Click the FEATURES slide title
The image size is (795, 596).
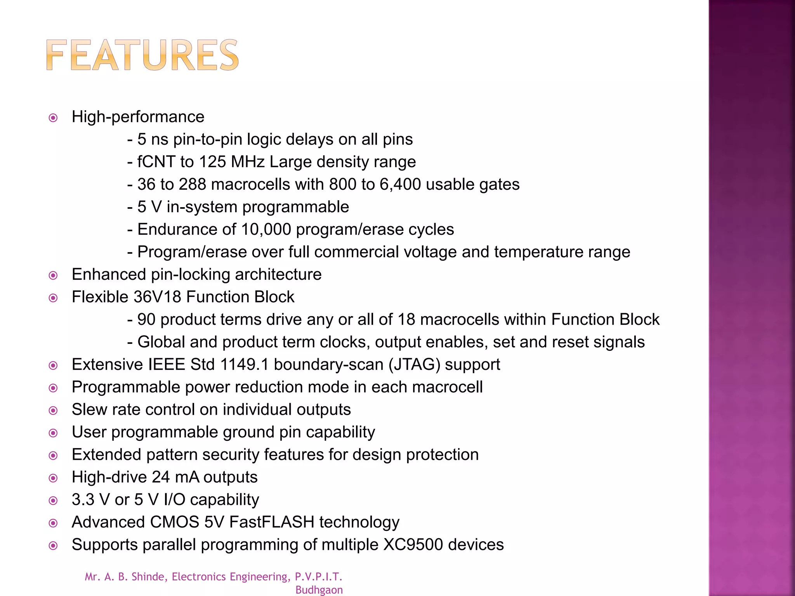[142, 55]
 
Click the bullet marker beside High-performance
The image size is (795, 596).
[53, 118]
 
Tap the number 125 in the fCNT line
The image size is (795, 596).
[212, 162]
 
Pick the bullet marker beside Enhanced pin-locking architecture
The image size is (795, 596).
[53, 275]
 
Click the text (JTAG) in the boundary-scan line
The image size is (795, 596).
[414, 364]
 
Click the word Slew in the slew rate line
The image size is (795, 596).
[89, 409]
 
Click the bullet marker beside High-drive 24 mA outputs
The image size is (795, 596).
[53, 478]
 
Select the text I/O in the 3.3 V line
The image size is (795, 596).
[174, 499]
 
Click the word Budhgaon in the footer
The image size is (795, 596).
[319, 590]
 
